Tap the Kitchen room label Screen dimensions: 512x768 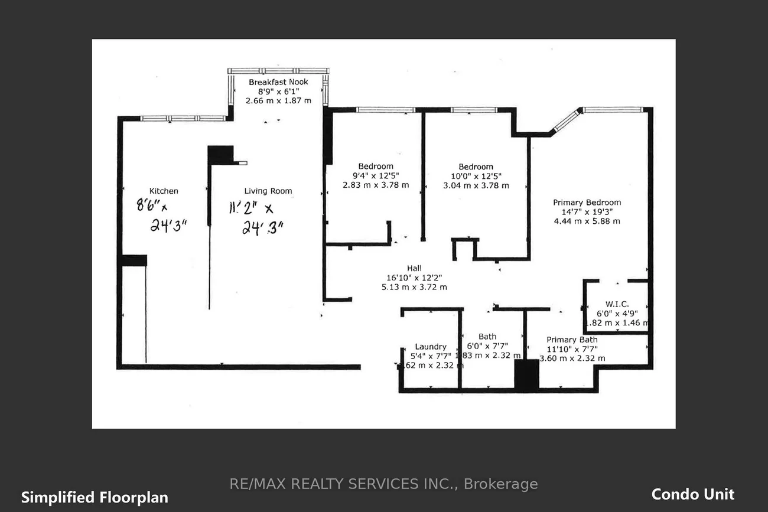pyautogui.click(x=164, y=191)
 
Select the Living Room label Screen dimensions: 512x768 pyautogui.click(x=268, y=191)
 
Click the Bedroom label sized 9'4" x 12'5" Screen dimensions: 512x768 pyautogui.click(x=376, y=167)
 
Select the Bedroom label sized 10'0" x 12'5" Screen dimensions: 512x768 pyautogui.click(x=476, y=167)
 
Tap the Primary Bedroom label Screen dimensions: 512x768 pyautogui.click(x=587, y=202)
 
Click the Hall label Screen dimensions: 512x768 pyautogui.click(x=414, y=268)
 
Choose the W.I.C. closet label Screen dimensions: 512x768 pyautogui.click(x=617, y=304)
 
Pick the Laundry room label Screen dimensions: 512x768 pyautogui.click(x=431, y=347)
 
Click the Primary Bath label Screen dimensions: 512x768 pyautogui.click(x=572, y=340)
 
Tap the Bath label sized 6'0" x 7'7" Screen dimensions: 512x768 pyautogui.click(x=487, y=337)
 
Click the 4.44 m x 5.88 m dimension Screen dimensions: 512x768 pyautogui.click(x=587, y=221)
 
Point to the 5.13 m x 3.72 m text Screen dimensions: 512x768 pyautogui.click(x=414, y=287)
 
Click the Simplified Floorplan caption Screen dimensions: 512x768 pyautogui.click(x=95, y=497)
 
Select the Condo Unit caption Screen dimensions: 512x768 pyautogui.click(x=692, y=494)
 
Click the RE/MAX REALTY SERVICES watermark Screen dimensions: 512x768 pyautogui.click(x=383, y=484)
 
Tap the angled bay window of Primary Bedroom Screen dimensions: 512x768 pyautogui.click(x=565, y=120)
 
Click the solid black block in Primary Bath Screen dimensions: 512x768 pyautogui.click(x=526, y=374)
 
